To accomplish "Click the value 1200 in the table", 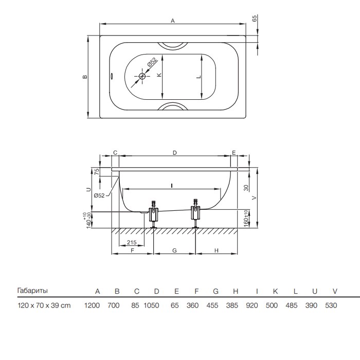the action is click(92, 305).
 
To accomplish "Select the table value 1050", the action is click(151, 305).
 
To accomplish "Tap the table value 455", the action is click(212, 305).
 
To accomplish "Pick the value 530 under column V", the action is click(331, 305).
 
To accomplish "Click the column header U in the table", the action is click(315, 292).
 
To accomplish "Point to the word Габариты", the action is click(32, 291).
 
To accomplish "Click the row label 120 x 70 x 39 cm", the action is click(44, 305).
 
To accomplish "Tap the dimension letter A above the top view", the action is click(173, 21).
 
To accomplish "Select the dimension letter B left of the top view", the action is click(85, 77).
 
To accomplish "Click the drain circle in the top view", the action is click(142, 76).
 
